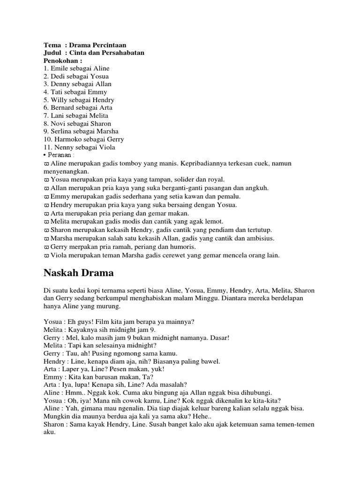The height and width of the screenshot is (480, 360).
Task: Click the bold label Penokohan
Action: point(62,60)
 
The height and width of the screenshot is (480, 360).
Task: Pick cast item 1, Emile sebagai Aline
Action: point(76,68)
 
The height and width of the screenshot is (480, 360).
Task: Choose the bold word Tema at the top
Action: point(52,45)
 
